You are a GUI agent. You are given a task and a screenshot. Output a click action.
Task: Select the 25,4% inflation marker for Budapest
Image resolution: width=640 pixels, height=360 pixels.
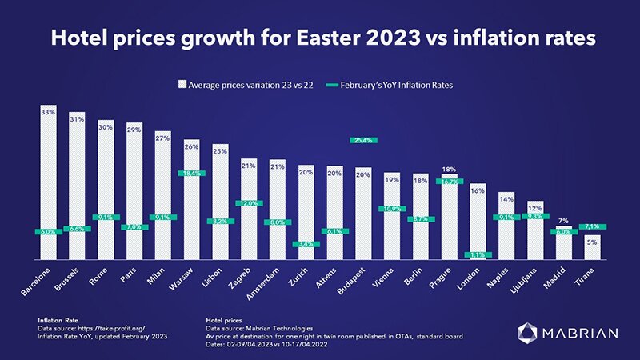[x=364, y=140]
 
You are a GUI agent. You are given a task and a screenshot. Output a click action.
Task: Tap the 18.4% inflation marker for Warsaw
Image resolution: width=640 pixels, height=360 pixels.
[x=192, y=173]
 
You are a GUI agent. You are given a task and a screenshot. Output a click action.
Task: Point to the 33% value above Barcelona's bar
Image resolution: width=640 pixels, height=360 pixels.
[x=48, y=113]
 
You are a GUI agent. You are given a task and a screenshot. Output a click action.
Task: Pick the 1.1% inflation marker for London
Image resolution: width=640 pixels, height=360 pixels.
[x=478, y=255]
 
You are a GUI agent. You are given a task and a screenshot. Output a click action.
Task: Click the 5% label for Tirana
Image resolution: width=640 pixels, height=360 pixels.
[x=592, y=241]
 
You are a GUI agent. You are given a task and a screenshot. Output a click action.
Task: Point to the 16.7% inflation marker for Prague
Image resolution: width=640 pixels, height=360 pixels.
[x=450, y=182]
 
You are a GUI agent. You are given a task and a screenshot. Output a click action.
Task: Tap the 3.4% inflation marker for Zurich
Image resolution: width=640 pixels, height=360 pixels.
[x=306, y=244]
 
